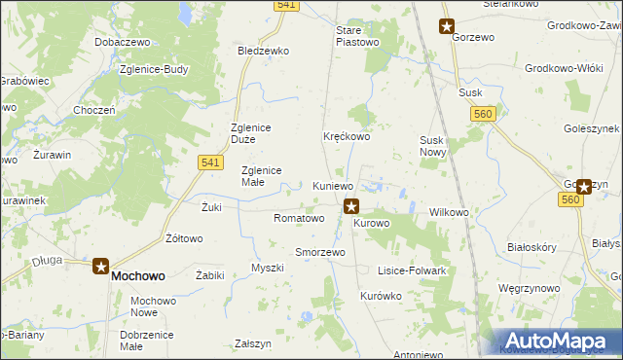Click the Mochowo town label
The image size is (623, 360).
[138, 275]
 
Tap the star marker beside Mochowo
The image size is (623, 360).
[101, 266]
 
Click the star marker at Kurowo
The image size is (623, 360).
[351, 206]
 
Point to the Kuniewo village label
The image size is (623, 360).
[333, 186]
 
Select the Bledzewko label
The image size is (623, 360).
[264, 51]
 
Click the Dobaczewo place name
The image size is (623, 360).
[121, 43]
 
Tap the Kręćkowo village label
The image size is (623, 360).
[347, 137]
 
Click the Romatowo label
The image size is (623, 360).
[299, 218]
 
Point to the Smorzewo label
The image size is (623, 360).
[320, 252]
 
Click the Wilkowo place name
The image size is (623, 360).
[449, 212]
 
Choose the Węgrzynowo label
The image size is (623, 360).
[556, 289]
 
